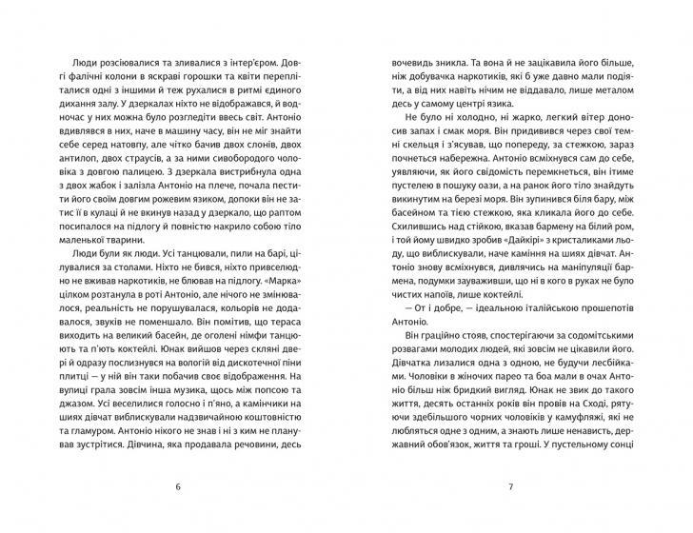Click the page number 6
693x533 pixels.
pyautogui.click(x=178, y=487)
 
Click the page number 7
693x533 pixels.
pyautogui.click(x=512, y=487)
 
